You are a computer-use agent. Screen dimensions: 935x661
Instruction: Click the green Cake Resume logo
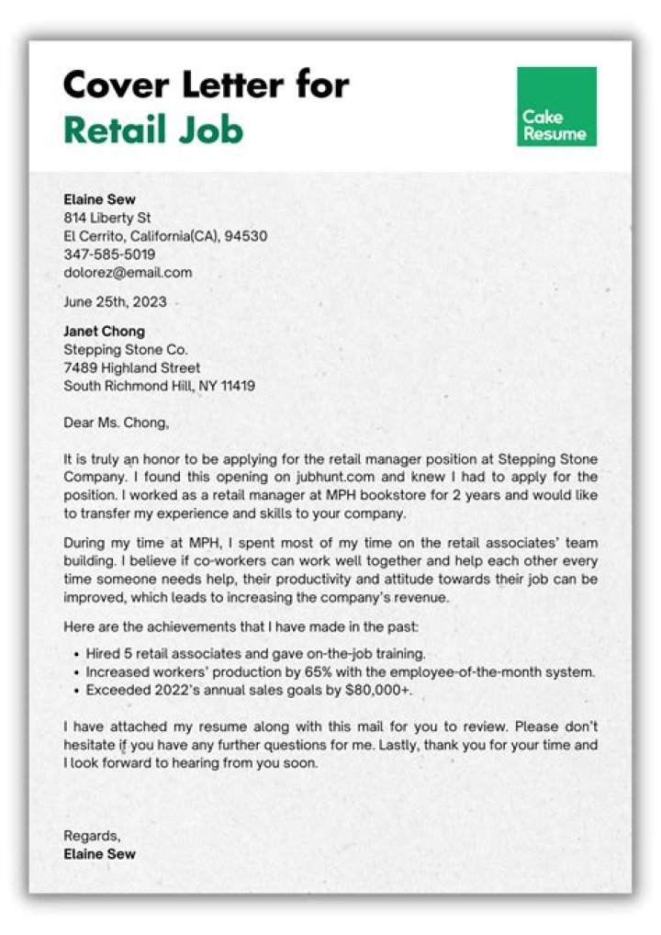tap(556, 107)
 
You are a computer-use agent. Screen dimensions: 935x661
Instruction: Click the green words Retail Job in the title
tap(153, 130)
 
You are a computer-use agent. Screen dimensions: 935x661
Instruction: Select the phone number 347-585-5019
tap(109, 253)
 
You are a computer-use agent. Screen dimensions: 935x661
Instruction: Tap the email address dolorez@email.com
tap(128, 272)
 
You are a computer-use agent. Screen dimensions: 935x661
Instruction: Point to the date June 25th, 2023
tap(115, 301)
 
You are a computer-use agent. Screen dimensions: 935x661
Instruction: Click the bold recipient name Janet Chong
tap(104, 331)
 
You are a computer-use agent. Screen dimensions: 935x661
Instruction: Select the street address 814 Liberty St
tap(106, 218)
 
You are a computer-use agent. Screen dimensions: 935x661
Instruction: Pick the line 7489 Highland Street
tap(131, 367)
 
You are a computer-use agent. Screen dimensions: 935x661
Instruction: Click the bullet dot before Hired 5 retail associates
tap(74, 655)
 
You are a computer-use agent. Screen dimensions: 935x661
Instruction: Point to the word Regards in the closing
tap(91, 836)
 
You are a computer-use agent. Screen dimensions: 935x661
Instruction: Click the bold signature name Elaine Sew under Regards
tap(99, 854)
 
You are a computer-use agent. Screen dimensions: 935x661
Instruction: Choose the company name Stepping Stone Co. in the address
tap(125, 349)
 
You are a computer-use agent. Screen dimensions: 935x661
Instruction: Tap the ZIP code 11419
tap(236, 386)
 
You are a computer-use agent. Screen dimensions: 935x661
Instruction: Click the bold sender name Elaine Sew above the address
tap(99, 199)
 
